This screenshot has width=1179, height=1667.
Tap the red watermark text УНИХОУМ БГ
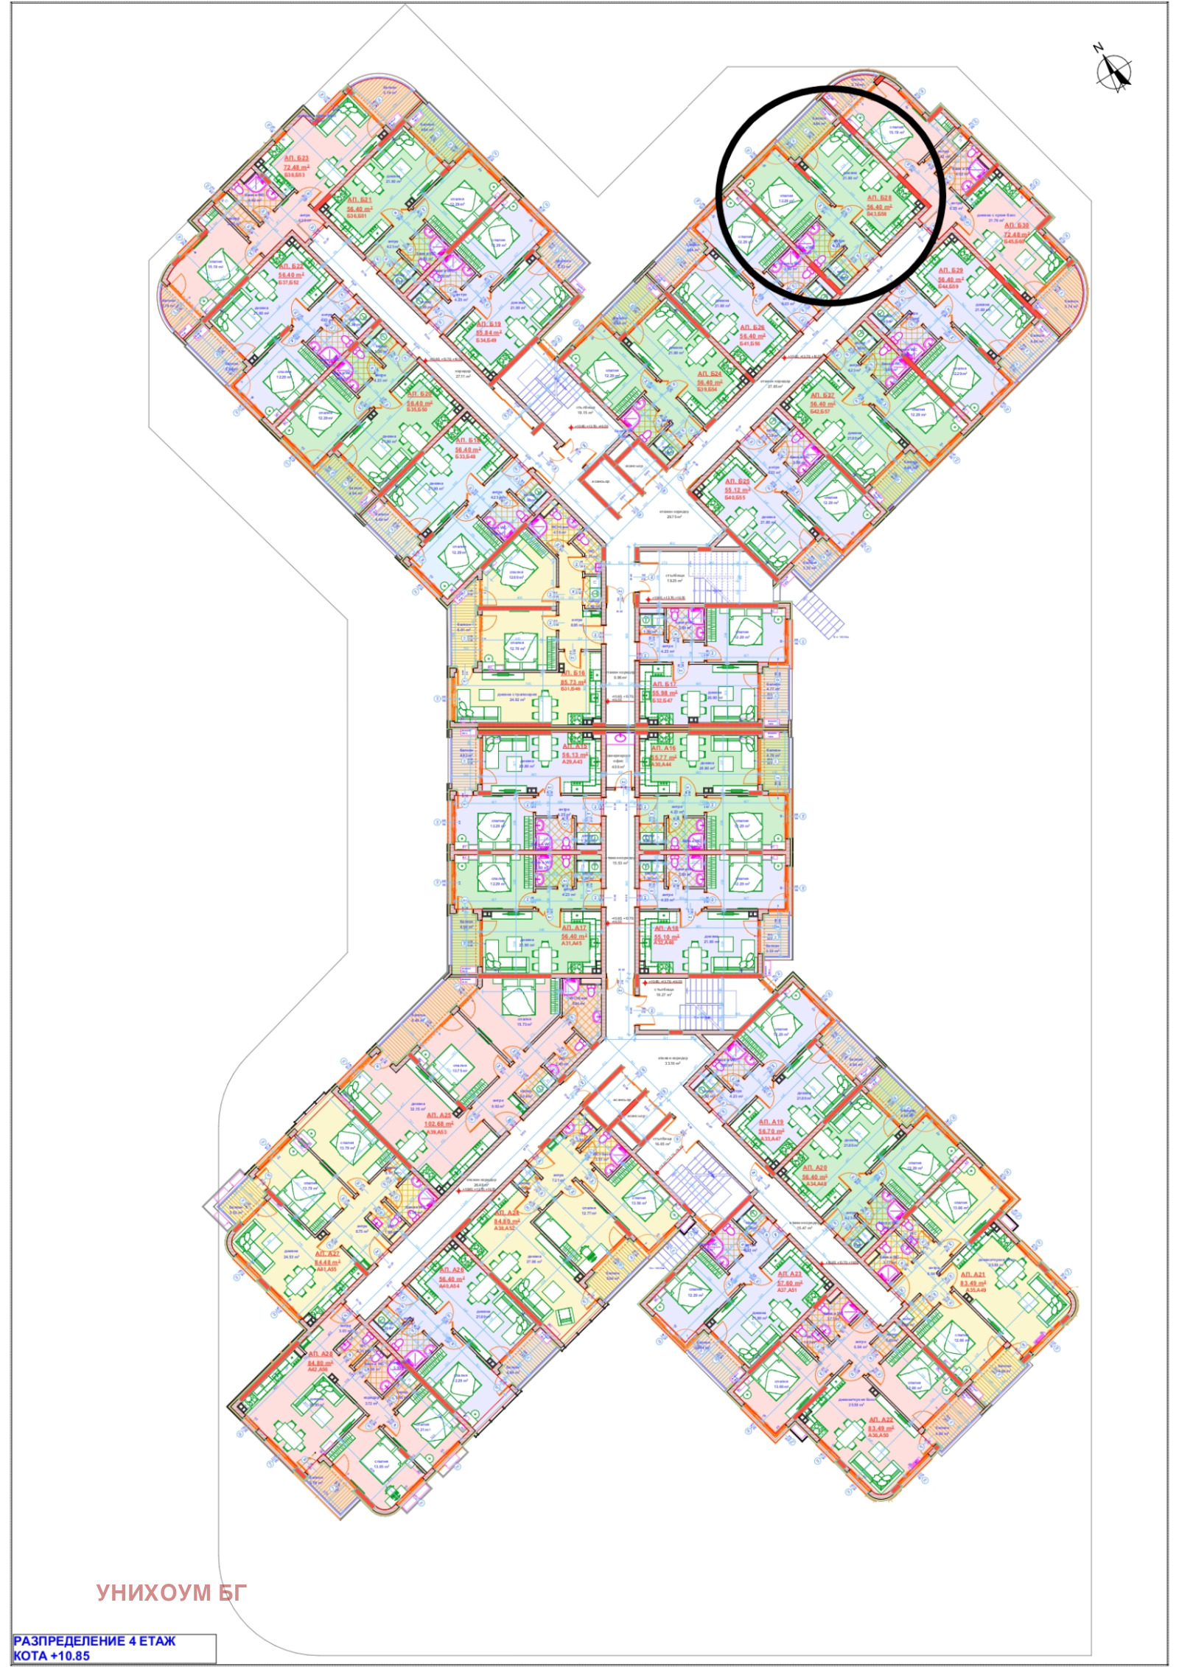pos(172,1593)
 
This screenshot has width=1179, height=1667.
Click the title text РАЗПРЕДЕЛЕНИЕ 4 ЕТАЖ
pos(95,1641)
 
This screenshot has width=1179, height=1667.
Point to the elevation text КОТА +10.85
pos(52,1655)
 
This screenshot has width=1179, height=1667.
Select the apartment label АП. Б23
pos(296,158)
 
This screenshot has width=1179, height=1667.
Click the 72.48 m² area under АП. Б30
pos(1016,235)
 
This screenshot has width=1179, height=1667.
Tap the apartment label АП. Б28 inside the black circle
pos(879,198)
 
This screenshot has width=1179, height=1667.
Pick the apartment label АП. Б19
pos(488,324)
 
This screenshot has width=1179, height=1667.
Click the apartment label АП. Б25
pos(737,481)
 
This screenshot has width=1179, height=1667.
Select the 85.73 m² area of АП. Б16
pos(573,682)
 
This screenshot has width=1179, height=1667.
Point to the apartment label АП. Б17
pos(664,685)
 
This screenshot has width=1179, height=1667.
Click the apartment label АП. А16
pos(663,748)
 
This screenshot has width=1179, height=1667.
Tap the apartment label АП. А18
pos(665,929)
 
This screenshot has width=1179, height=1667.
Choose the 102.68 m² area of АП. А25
pos(438,1124)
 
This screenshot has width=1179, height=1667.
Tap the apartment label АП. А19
pos(771,1122)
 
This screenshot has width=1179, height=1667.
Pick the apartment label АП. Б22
pos(291,267)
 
